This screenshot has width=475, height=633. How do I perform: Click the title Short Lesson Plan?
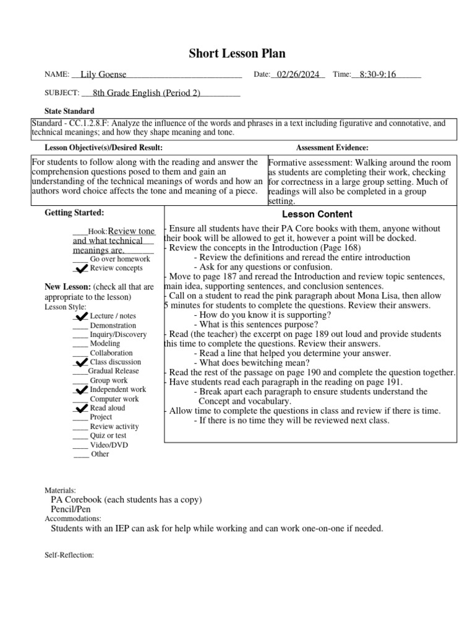237,54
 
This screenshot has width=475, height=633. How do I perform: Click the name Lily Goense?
98,75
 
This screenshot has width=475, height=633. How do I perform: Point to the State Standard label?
70,110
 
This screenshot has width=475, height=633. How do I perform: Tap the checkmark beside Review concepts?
80,269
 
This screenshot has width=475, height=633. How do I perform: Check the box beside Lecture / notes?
80,316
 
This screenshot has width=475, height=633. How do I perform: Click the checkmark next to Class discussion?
80,363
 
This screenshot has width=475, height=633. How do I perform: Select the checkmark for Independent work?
80,391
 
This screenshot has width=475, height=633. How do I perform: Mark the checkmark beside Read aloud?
80,409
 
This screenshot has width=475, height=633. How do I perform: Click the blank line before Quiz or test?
80,436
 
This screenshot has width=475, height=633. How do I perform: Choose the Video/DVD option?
109,445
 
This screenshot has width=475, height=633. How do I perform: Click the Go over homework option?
120,259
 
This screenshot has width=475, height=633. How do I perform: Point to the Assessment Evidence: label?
332,148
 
